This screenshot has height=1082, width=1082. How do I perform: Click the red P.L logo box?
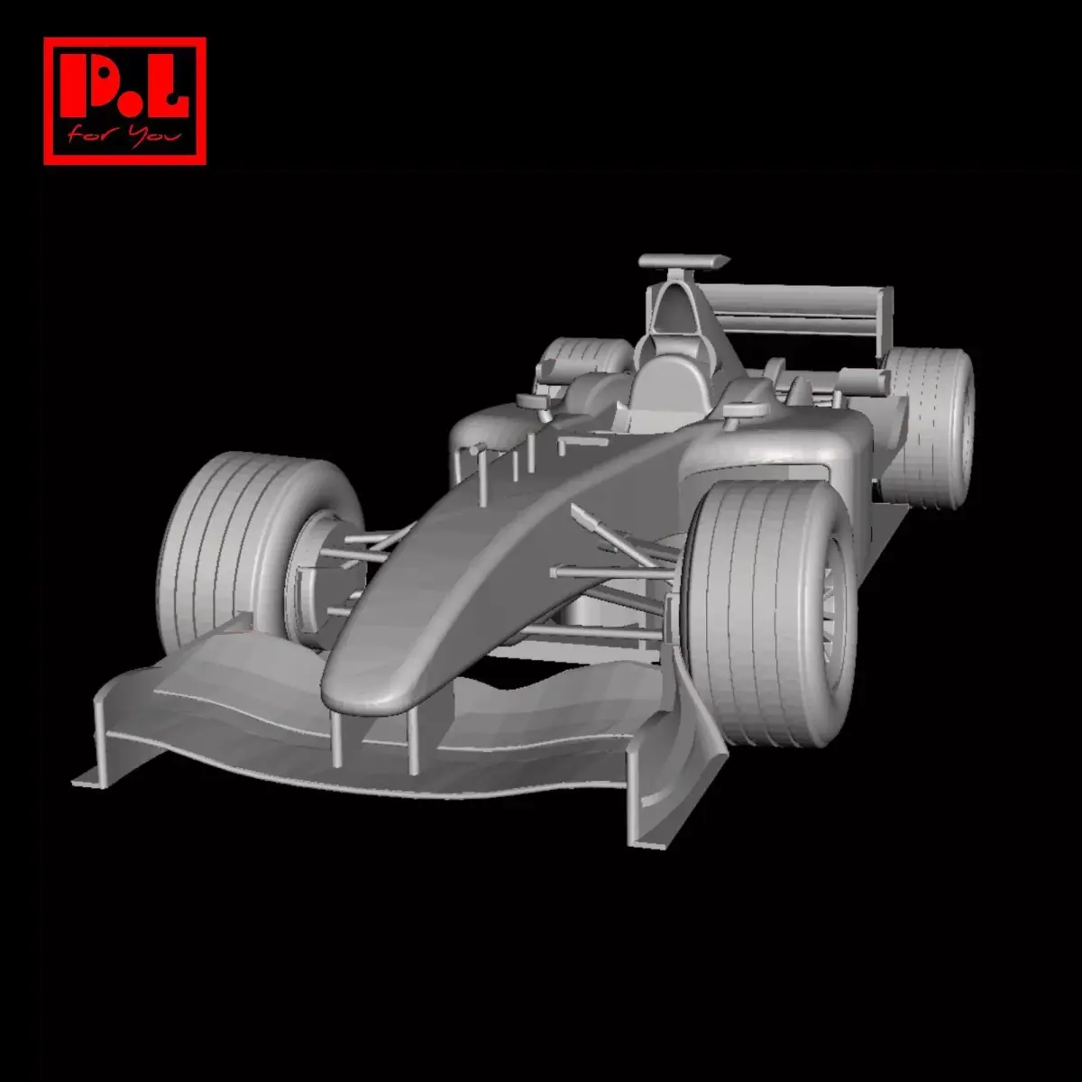(x=124, y=101)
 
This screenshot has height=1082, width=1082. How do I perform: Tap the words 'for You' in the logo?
(x=124, y=136)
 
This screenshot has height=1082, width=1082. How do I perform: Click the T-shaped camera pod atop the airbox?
(x=683, y=262)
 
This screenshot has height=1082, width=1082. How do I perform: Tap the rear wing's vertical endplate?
(x=885, y=320)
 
